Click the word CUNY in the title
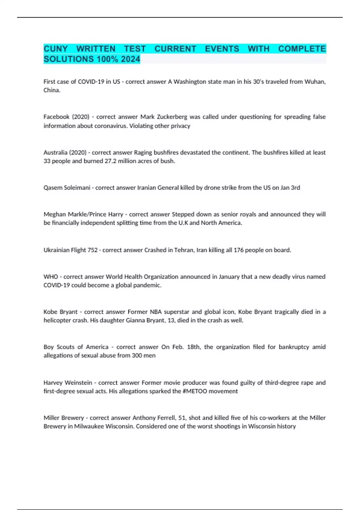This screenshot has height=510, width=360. pyautogui.click(x=56, y=49)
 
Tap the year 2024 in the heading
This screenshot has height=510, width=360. pyautogui.click(x=130, y=59)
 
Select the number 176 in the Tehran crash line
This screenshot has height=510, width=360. pyautogui.click(x=238, y=250)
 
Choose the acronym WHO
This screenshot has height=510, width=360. pyautogui.click(x=51, y=277)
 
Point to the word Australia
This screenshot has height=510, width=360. pyautogui.click(x=55, y=152)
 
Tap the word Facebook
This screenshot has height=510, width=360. pyautogui.click(x=56, y=117)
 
